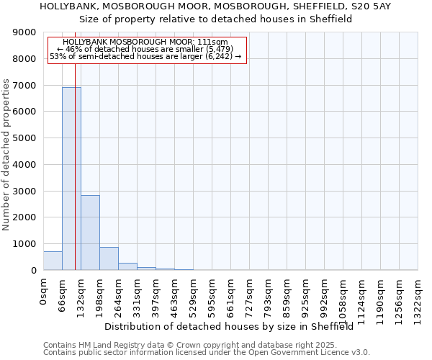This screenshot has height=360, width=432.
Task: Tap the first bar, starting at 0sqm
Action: (53, 261)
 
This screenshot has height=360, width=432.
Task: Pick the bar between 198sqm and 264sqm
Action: (109, 258)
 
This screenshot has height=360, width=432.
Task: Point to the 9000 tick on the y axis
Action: (26, 32)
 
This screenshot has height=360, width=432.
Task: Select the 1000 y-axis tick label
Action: (26, 244)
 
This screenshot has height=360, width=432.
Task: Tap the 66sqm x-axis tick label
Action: (63, 292)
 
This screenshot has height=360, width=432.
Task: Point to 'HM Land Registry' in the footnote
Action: (110, 345)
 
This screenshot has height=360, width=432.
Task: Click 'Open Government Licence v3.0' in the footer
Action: (307, 353)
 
